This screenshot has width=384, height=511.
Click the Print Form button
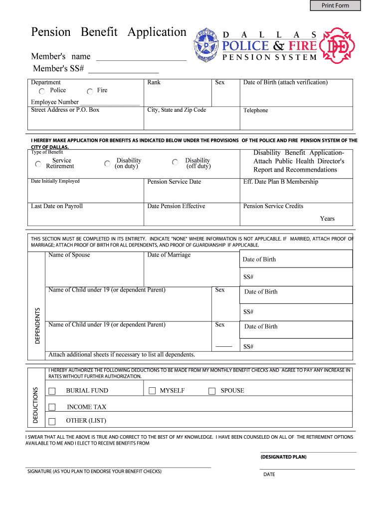[335, 5]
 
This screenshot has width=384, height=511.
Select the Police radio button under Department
[42, 91]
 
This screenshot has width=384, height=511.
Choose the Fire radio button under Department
[90, 91]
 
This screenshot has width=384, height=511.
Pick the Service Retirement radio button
[38, 164]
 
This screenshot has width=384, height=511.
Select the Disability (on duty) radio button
[108, 163]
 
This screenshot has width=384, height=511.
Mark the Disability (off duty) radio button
[175, 163]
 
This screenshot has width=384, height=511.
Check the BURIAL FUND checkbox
[52, 391]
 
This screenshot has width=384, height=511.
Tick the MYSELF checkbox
[153, 391]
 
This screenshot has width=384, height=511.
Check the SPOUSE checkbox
[212, 391]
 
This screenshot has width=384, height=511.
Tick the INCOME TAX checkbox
[52, 407]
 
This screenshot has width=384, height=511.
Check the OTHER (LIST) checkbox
[52, 421]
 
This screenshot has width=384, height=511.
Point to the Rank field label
[154, 82]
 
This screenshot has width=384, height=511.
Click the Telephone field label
[255, 110]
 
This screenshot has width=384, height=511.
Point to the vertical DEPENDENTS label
[37, 324]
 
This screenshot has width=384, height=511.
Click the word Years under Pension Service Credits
[327, 219]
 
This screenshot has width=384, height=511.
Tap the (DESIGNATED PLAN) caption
[283, 457]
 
